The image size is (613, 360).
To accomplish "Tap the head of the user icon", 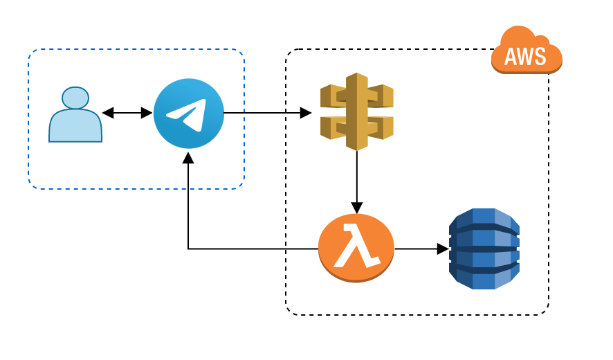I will tap(75, 98).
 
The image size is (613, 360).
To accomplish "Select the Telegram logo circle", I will tap(188, 113).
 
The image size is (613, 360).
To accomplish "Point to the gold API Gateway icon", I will tap(356, 111).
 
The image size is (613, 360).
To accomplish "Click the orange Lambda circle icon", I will tap(356, 248).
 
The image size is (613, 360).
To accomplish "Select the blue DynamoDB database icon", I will tap(484, 249).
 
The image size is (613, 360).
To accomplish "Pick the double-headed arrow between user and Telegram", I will tap(127, 113).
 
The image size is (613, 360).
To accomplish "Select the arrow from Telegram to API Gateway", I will tap(267, 113).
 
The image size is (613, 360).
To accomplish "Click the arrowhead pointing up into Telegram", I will tap(188, 157).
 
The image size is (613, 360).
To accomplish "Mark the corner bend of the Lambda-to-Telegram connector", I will tap(188, 249).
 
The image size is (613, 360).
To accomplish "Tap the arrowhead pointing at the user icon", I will tap(108, 113).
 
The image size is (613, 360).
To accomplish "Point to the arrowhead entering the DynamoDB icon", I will tap(443, 249).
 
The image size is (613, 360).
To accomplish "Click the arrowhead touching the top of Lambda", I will tap(356, 208).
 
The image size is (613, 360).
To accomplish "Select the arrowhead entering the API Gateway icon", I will tap(305, 113).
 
